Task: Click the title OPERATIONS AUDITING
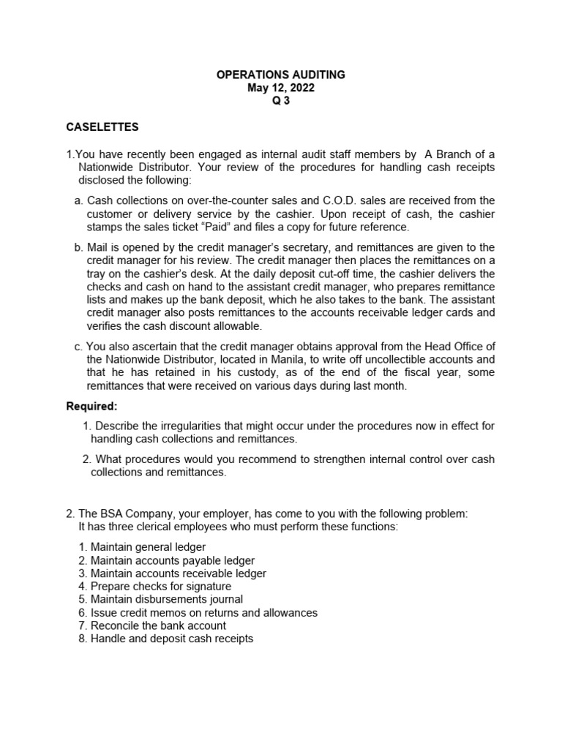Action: click(281, 75)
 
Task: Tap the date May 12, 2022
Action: click(281, 88)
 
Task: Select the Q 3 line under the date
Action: click(281, 101)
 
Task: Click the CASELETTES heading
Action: click(102, 127)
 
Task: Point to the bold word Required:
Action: click(91, 406)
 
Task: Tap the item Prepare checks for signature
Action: click(160, 586)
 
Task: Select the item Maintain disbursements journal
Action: click(166, 599)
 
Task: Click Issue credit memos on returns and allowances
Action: click(203, 612)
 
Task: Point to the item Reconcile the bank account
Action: click(158, 625)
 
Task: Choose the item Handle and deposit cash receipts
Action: click(171, 639)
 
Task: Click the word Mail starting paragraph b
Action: click(99, 247)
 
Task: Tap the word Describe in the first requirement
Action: click(118, 426)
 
